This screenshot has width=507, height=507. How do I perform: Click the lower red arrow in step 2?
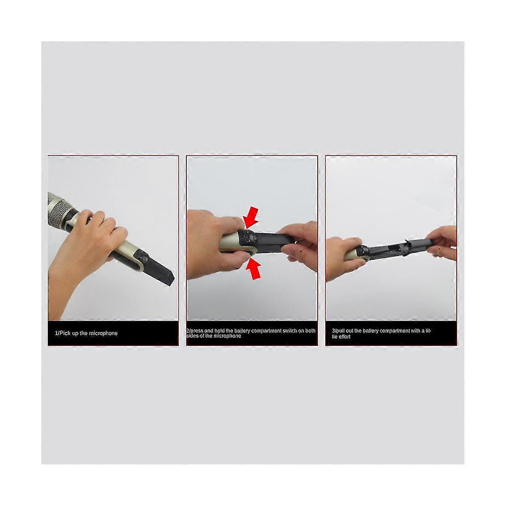(253, 267)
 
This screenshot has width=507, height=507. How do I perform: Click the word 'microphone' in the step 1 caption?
(103, 333)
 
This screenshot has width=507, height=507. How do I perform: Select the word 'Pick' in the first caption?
(65, 333)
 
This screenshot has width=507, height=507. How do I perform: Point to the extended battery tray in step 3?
(397, 247)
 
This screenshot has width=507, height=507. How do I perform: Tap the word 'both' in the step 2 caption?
(311, 331)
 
